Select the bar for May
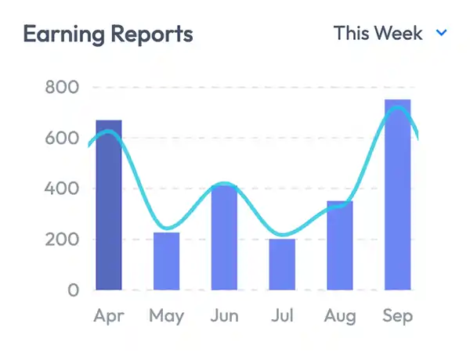point(166,261)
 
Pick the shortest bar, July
point(282,264)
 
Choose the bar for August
point(340,246)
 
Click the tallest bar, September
point(397,195)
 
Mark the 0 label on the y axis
point(73,290)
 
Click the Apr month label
point(109,316)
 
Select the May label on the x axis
point(166,317)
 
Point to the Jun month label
point(224,316)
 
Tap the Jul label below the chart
point(282,316)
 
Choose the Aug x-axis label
point(340,317)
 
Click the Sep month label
point(397,317)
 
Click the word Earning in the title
point(63,35)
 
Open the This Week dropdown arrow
point(441,34)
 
